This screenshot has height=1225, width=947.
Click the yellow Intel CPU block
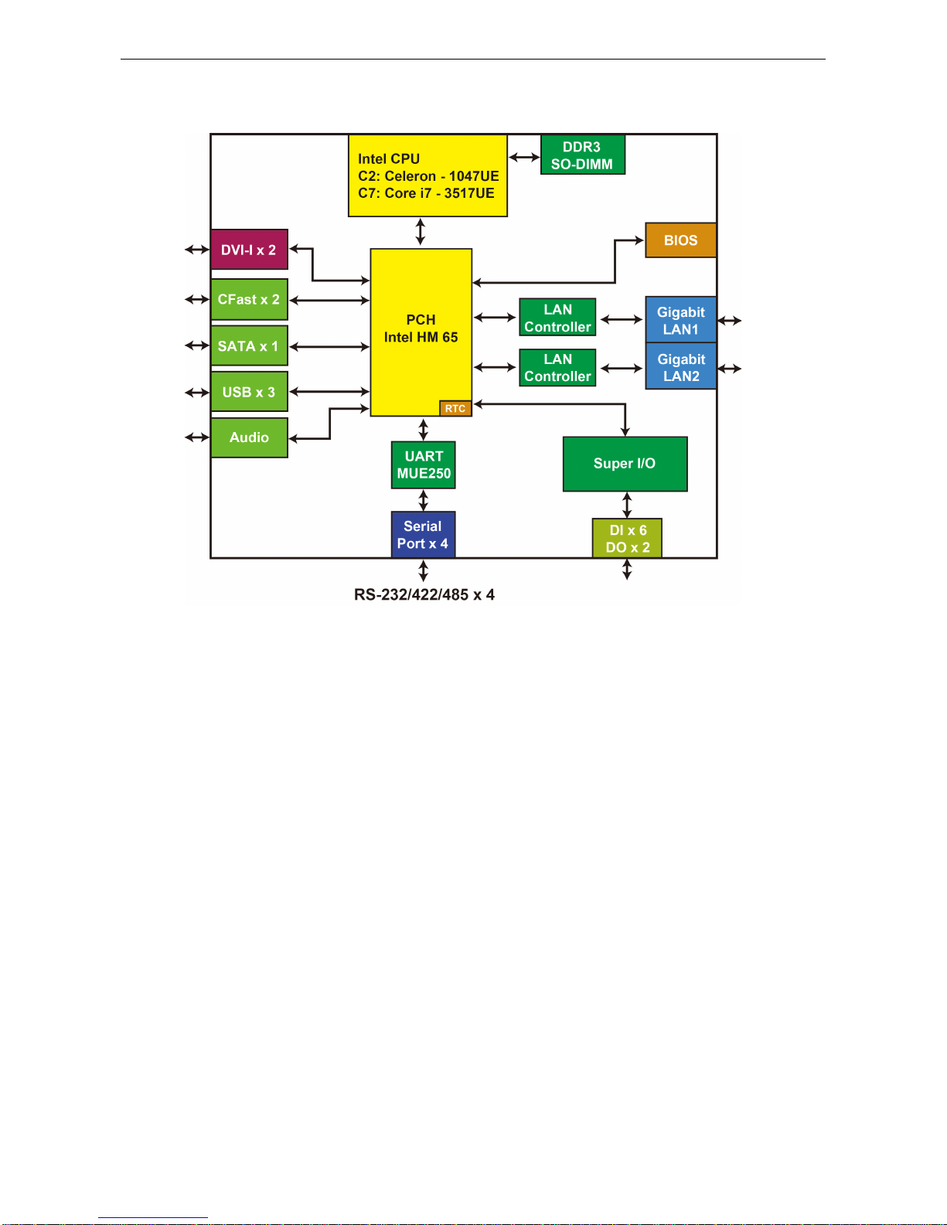click(x=428, y=176)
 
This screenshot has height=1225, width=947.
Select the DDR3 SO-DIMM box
click(x=582, y=155)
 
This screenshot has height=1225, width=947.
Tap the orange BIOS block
click(x=680, y=240)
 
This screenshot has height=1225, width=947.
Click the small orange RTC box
click(x=455, y=409)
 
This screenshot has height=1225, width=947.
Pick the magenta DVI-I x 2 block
click(x=249, y=250)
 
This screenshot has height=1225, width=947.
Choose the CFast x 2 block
click(x=249, y=299)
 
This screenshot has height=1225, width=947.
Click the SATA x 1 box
click(x=249, y=346)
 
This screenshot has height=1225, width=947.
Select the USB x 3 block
click(x=249, y=392)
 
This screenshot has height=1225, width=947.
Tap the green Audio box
click(x=249, y=437)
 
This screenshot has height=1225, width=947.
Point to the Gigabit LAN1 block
click(x=680, y=320)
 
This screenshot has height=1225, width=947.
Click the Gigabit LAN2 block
click(x=680, y=367)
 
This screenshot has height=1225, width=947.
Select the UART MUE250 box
click(x=424, y=465)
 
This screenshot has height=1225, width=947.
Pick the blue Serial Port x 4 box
click(x=423, y=535)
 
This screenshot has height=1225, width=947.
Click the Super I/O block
click(x=625, y=464)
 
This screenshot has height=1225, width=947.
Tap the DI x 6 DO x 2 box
click(x=627, y=539)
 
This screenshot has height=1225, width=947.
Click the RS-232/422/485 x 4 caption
click(x=424, y=594)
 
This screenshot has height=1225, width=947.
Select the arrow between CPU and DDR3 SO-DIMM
click(x=524, y=158)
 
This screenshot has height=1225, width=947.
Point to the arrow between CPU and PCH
click(x=421, y=232)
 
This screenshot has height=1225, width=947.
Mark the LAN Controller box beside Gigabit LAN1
click(x=557, y=318)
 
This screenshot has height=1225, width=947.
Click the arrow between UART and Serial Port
click(x=424, y=500)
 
